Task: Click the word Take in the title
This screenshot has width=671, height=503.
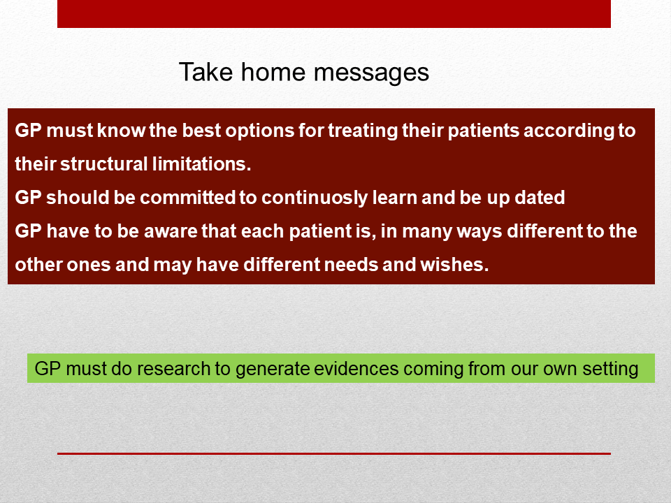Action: [x=205, y=71]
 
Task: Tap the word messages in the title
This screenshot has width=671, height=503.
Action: [x=371, y=73]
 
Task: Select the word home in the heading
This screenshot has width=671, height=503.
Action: [x=273, y=71]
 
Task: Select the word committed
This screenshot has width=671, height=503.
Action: [x=187, y=198]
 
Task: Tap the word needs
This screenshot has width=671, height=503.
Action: [x=352, y=264]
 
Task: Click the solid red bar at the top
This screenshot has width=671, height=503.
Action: [x=334, y=14]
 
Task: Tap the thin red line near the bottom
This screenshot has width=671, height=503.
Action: [x=334, y=453]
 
